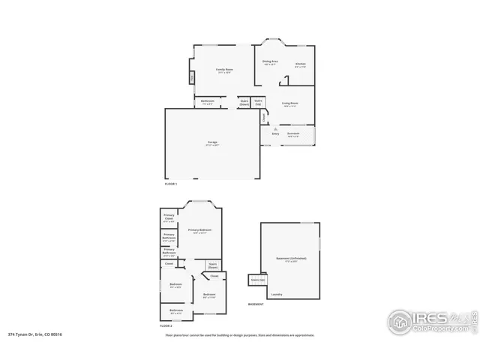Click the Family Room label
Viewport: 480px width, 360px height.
pos(224,70)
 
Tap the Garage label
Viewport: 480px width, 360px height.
pos(212,144)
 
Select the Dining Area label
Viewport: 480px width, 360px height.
pos(270,62)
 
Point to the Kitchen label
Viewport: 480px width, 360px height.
pos(300,64)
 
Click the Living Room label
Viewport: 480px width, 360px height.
pos(290,104)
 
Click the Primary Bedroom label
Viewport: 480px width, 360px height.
pos(199,230)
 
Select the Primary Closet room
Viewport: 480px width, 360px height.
pos(169,219)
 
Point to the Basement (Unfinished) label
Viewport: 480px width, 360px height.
pos(291,259)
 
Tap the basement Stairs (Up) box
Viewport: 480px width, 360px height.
pos(257,280)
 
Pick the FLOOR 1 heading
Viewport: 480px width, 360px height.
pos(171,184)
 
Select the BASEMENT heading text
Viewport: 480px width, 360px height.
pos(256,304)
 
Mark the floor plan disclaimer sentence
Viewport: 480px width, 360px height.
pos(239,335)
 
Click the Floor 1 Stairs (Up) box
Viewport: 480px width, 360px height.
pos(258,103)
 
